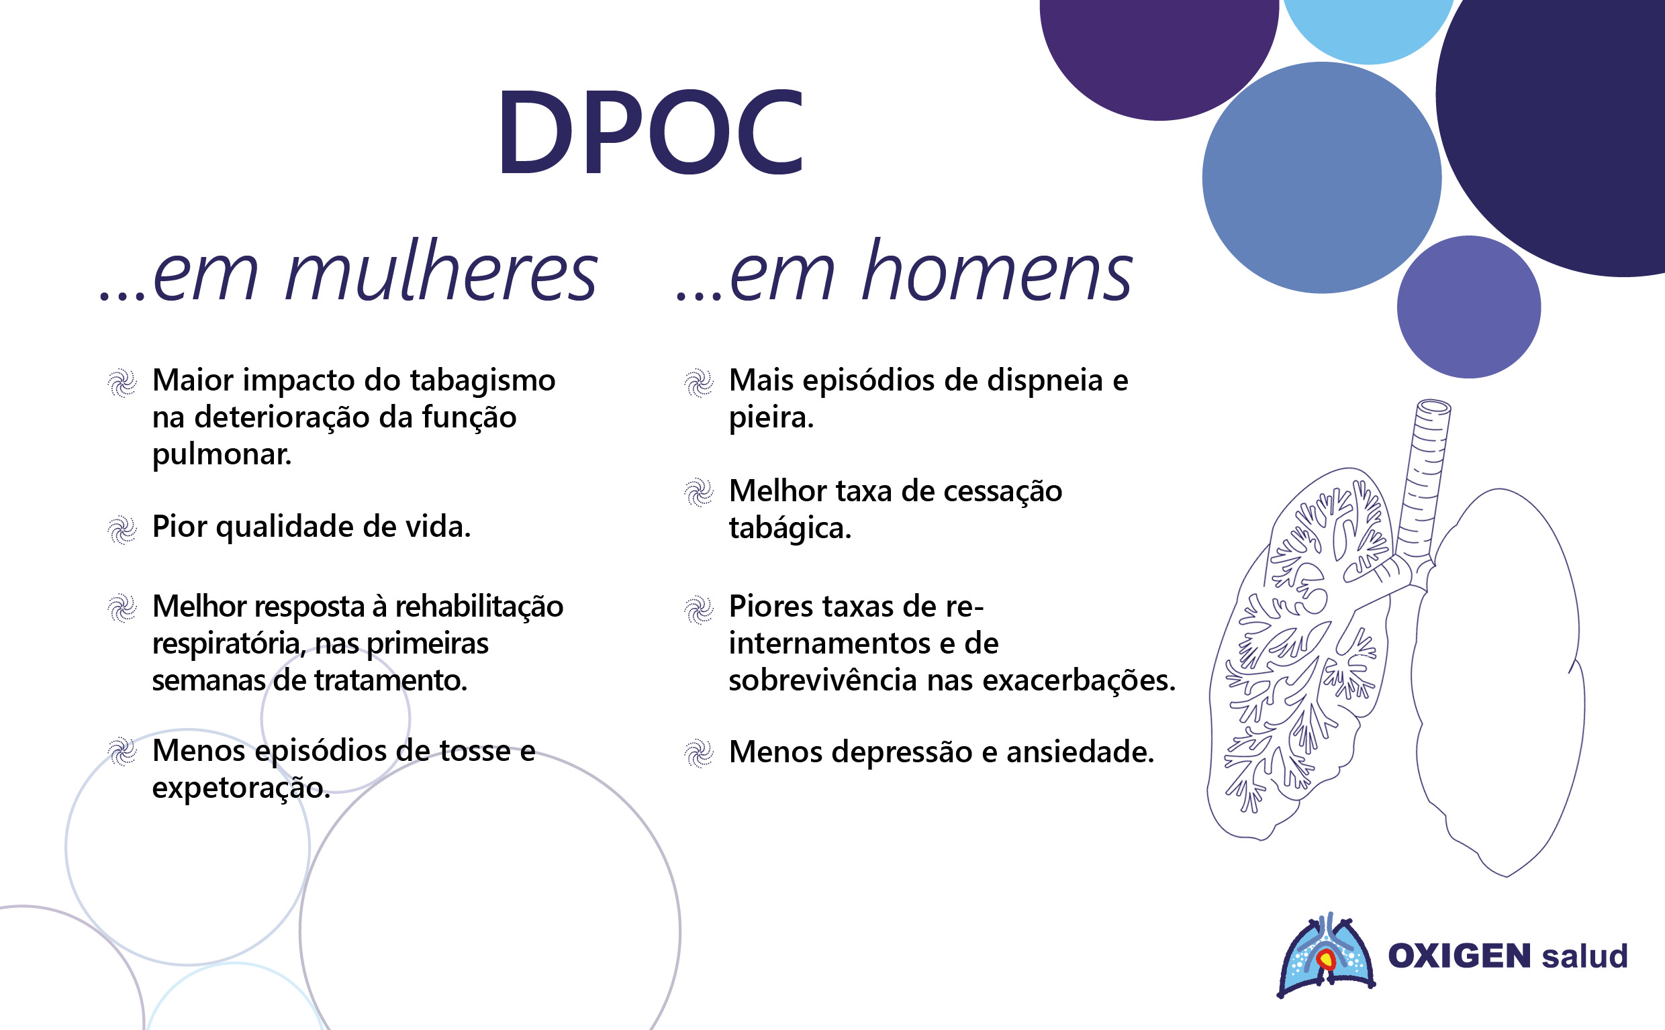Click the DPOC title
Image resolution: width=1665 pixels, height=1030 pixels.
pos(651,132)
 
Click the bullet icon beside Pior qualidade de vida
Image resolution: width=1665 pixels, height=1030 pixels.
pos(123,530)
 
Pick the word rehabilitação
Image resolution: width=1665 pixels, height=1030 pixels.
pos(479,607)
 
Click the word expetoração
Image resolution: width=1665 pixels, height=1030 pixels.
pos(240,788)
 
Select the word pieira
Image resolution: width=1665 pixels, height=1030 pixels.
pos(771,417)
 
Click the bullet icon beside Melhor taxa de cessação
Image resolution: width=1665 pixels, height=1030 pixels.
pos(699,493)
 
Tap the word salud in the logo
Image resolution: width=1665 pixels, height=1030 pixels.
pos(1585,956)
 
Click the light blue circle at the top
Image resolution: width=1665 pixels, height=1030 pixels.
pos(1368,28)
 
